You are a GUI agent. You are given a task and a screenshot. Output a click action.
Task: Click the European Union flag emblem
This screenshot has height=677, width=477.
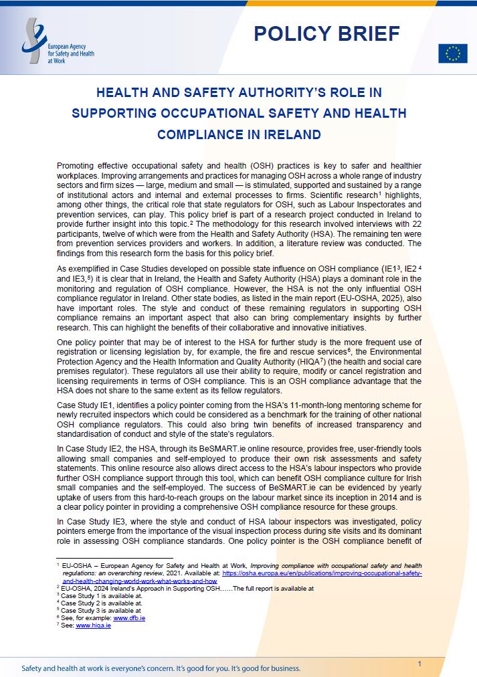coord(452,54)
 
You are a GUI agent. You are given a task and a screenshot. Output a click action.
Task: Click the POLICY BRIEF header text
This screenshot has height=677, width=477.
coord(326,33)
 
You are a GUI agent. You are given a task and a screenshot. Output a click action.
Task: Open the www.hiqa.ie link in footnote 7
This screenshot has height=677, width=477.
coord(93,625)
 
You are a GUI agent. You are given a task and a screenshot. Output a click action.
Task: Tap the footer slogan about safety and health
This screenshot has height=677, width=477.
coord(161,668)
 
